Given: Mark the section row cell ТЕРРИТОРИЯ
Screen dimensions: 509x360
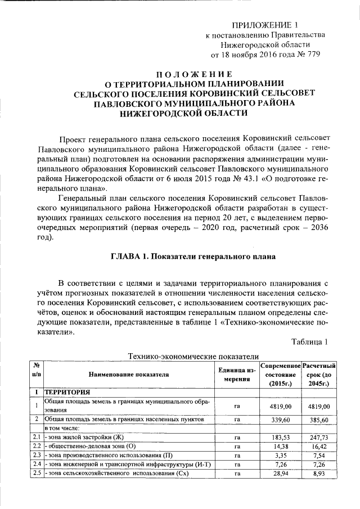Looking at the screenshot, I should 67,392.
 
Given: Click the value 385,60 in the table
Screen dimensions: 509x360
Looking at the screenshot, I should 318,419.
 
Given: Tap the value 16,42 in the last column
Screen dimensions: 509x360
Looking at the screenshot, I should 318,446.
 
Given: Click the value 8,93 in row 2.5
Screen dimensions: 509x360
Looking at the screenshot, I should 318,473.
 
